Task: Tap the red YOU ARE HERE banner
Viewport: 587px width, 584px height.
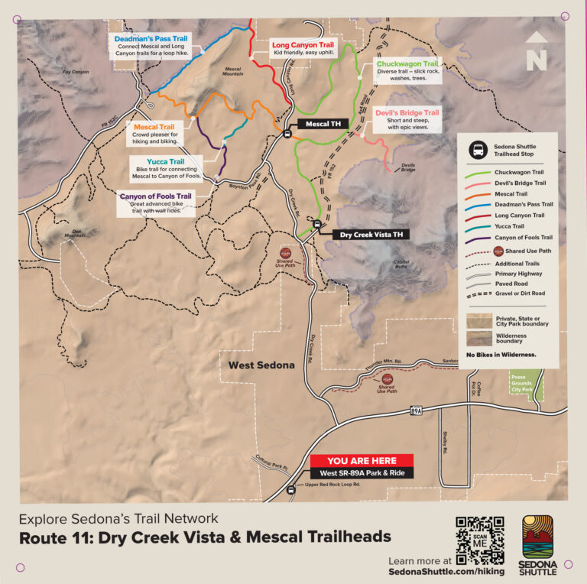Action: [362, 461]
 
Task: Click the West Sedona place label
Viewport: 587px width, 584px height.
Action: [261, 365]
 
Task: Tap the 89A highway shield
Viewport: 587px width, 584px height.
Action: [415, 411]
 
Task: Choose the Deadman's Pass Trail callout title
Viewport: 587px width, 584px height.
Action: [151, 38]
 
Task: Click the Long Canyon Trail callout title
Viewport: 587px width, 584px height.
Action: [303, 45]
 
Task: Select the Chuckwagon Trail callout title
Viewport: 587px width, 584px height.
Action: [407, 64]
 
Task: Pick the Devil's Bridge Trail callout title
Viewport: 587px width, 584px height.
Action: [407, 112]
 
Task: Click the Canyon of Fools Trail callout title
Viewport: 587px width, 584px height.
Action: [155, 196]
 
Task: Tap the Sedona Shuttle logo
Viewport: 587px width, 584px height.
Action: [538, 544]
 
